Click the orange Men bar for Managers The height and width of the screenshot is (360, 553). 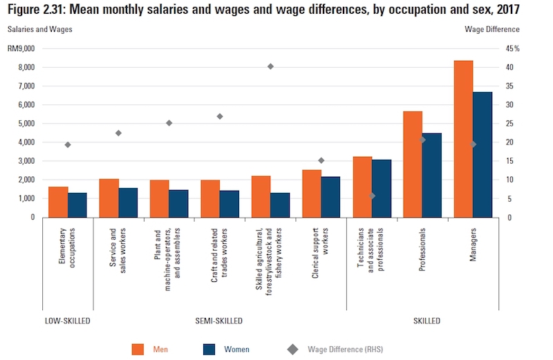coord(463,139)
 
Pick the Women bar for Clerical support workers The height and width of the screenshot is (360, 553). coord(330,197)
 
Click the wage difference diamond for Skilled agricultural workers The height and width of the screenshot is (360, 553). coord(270,66)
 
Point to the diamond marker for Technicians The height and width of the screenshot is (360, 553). coord(372,196)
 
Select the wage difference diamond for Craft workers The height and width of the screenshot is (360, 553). coord(220,116)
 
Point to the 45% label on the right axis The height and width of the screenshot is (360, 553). coord(512,49)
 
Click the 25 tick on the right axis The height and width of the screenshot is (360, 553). coord(509,124)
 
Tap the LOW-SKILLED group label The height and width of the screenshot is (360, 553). coord(67,321)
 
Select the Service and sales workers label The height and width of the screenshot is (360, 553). coord(118,249)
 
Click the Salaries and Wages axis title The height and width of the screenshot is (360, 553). coord(39,29)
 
